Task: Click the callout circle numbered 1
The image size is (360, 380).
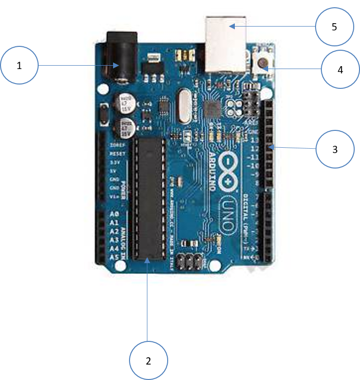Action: pyautogui.click(x=19, y=66)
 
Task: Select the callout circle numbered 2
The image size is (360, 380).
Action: pyautogui.click(x=149, y=360)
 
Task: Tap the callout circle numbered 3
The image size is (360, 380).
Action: pyautogui.click(x=335, y=149)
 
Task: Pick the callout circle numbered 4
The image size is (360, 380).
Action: pyautogui.click(x=341, y=70)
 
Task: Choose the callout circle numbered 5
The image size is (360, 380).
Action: pyautogui.click(x=334, y=26)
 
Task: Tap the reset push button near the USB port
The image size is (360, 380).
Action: pyautogui.click(x=263, y=63)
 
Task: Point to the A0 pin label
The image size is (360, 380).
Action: pyautogui.click(x=115, y=214)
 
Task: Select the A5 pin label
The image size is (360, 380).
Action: pyautogui.click(x=115, y=257)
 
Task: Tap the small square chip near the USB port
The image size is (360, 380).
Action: pyautogui.click(x=212, y=108)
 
